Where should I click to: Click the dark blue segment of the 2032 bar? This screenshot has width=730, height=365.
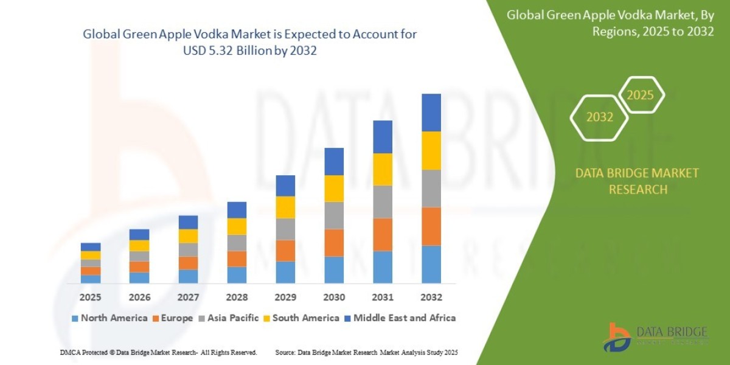click(431, 113)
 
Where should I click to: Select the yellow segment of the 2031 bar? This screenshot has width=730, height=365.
click(382, 169)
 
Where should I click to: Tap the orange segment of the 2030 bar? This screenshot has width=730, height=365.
click(333, 243)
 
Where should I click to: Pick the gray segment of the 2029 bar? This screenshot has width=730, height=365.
click(285, 229)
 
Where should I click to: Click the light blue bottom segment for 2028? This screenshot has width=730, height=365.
click(237, 275)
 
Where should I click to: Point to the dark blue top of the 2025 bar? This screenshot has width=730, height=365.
click(91, 247)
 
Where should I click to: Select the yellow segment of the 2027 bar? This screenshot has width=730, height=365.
click(188, 236)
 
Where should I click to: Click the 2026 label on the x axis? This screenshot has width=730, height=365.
click(139, 297)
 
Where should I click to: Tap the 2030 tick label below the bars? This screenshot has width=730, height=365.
click(333, 297)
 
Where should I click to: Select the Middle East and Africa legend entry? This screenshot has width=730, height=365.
click(404, 318)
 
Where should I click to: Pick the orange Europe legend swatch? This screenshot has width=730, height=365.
click(156, 318)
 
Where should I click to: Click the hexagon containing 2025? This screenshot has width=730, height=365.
click(640, 96)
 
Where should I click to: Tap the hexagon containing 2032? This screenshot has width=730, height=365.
click(599, 117)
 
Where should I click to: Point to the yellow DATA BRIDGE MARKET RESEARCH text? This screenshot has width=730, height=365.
click(637, 181)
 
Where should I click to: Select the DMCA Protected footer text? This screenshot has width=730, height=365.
click(159, 352)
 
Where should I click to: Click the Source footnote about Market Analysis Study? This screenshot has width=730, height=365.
click(366, 352)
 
